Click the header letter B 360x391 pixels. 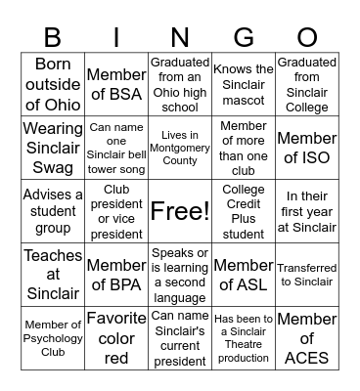(54, 37)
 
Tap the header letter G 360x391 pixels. (244, 37)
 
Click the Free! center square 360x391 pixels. (180, 211)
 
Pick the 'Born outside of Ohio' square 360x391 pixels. (54, 85)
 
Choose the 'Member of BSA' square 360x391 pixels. (116, 85)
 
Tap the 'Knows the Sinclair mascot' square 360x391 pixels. (244, 85)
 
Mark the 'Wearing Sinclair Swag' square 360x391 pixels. (54, 148)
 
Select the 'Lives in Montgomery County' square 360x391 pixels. (180, 148)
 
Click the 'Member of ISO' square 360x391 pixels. (306, 148)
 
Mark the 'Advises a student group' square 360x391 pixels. (54, 211)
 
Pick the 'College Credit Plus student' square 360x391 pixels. (244, 211)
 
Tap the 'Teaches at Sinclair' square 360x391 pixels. (54, 275)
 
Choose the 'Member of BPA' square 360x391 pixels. (116, 275)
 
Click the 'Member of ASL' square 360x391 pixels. (244, 275)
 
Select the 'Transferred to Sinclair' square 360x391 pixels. (306, 275)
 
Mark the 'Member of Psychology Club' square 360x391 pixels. (54, 337)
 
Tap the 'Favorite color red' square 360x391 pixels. (116, 337)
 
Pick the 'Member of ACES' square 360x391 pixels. (306, 337)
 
